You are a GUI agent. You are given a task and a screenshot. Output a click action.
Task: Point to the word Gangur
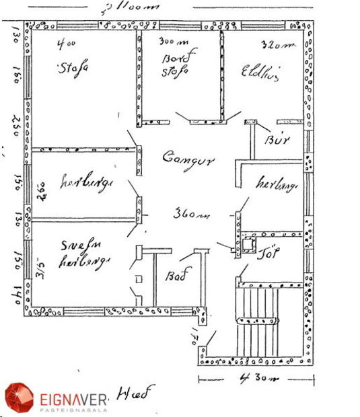[x=188, y=159]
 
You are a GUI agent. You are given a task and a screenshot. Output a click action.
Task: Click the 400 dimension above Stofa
[x=66, y=45]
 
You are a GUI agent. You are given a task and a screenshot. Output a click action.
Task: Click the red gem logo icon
[x=20, y=398]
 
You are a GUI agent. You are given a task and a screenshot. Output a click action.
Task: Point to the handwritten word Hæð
[x=136, y=392]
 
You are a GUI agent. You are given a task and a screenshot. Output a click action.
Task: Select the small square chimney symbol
[x=248, y=243]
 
